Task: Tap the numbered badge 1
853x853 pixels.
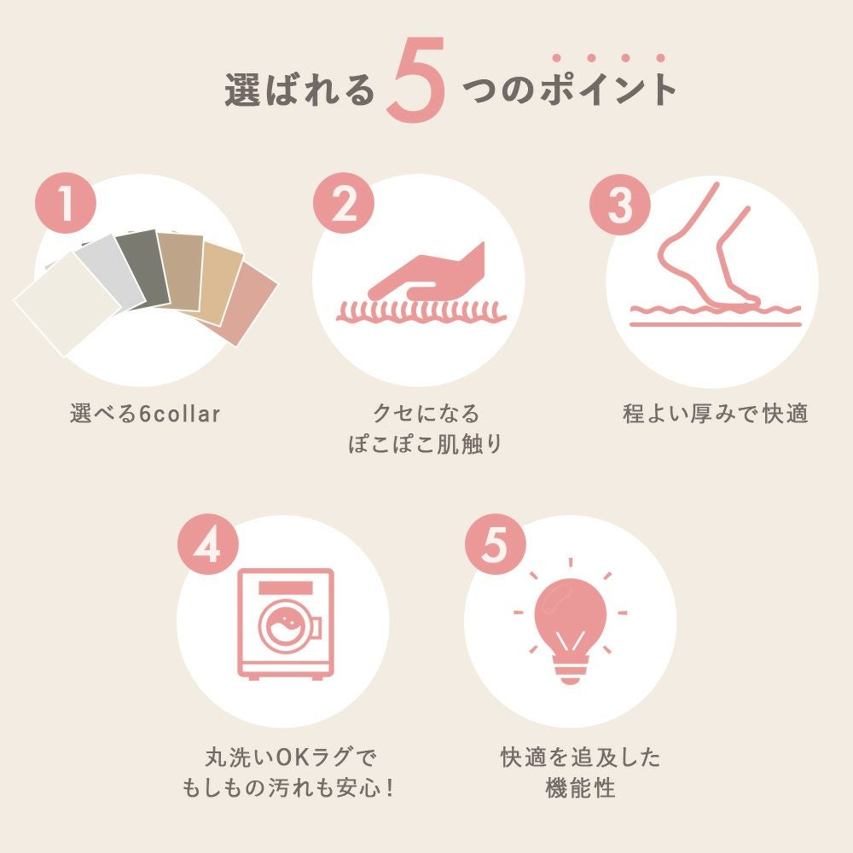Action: [66, 204]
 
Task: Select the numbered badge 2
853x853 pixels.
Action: [344, 204]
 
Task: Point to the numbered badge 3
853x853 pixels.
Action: [620, 205]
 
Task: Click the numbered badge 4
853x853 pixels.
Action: [208, 545]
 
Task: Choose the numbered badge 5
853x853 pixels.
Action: [496, 545]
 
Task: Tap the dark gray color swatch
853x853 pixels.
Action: [142, 268]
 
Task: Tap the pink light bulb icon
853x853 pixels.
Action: [570, 631]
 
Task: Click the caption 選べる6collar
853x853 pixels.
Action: [145, 414]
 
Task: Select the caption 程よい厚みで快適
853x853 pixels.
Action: [716, 414]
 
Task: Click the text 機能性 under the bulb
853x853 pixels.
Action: [580, 787]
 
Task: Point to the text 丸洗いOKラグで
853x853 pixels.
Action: [290, 757]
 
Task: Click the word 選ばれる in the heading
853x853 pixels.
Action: [300, 90]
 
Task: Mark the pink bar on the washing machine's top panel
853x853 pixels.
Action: [286, 588]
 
